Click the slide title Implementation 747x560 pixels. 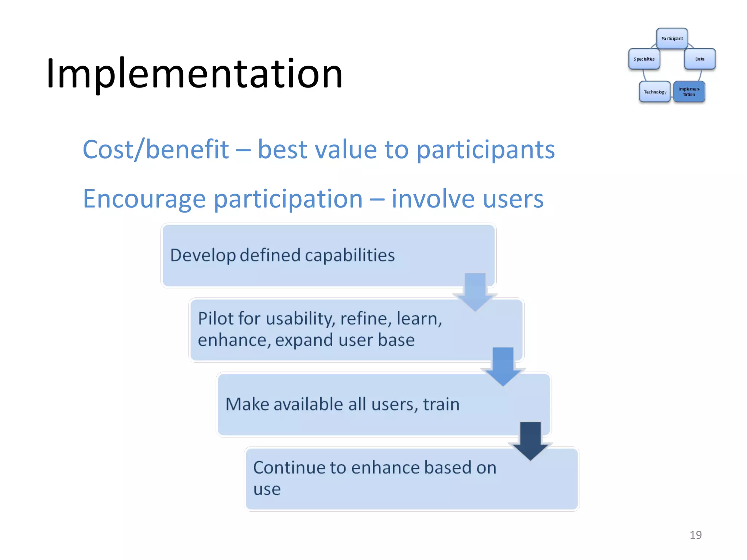point(194,74)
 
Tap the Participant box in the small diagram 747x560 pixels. point(672,39)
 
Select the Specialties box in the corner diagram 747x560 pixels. point(644,59)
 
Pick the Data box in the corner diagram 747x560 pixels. point(700,59)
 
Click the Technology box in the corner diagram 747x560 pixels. point(655,92)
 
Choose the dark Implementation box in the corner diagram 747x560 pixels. point(689,92)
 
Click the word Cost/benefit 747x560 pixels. point(156,149)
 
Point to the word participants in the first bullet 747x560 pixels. point(485,150)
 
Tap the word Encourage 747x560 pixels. point(144,199)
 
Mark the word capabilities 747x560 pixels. point(349,255)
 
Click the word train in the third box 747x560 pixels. point(441,404)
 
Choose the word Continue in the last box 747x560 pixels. point(287,468)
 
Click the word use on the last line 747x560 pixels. point(267,489)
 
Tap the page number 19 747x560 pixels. point(695,535)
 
